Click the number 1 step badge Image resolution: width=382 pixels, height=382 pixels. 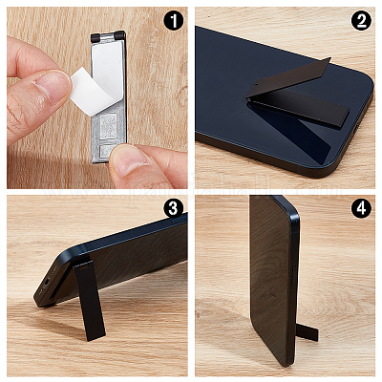174,21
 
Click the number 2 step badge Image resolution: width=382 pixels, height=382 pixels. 361,21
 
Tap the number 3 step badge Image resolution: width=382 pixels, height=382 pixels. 174,209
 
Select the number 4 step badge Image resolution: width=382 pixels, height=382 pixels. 361,209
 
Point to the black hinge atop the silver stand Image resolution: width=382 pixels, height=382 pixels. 108,36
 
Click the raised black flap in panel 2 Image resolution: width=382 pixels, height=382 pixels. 289,77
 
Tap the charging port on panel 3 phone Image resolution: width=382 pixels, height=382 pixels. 47,282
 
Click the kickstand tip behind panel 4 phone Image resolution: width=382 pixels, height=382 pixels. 308,332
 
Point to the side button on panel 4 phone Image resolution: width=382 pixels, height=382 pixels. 294,276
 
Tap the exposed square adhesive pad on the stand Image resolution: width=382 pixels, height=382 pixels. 108,126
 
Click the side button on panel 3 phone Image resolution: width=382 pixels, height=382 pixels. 178,219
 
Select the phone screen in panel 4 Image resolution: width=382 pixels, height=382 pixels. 269,280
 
